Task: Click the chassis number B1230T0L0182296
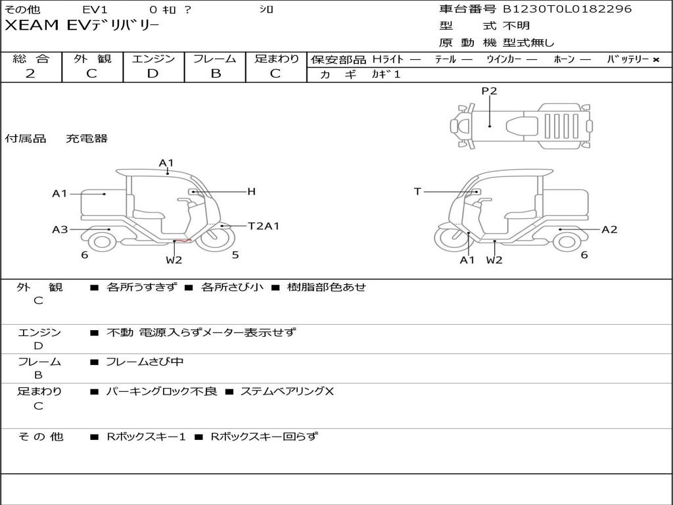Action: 567,9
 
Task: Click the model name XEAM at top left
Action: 32,26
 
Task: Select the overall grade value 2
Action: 30,74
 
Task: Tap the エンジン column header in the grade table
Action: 153,59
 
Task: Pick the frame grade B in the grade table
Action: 216,74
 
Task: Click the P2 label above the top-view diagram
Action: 489,91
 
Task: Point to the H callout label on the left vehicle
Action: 252,191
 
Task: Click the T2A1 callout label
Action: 264,226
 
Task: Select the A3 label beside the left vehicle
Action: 60,229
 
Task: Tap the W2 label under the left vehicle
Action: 174,260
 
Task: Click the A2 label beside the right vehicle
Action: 609,229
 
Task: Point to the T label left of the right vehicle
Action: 417,191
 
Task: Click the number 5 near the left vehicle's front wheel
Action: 235,254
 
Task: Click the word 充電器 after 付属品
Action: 86,138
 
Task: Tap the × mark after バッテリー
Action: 656,60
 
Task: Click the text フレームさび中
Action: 145,362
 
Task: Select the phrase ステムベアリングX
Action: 287,391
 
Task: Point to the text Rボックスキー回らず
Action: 264,437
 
